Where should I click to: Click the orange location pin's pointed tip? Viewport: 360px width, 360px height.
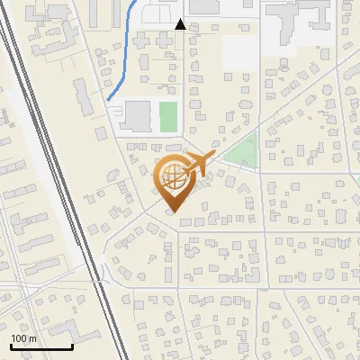pos(171,212)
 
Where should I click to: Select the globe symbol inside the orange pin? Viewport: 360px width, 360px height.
pos(171,176)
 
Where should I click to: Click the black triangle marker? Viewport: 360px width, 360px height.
pos(180,25)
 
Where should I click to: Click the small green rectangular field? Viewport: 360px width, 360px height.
pos(168,115)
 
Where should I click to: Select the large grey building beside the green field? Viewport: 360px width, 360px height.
pos(138,117)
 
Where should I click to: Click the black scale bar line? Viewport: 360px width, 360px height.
pos(41,346)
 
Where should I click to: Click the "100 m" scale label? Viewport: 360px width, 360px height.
pos(24,338)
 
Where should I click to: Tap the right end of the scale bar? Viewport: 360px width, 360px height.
pos(72,346)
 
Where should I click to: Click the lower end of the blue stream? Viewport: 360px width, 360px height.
pos(108,98)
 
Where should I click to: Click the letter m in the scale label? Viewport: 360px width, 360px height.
pos(32,338)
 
